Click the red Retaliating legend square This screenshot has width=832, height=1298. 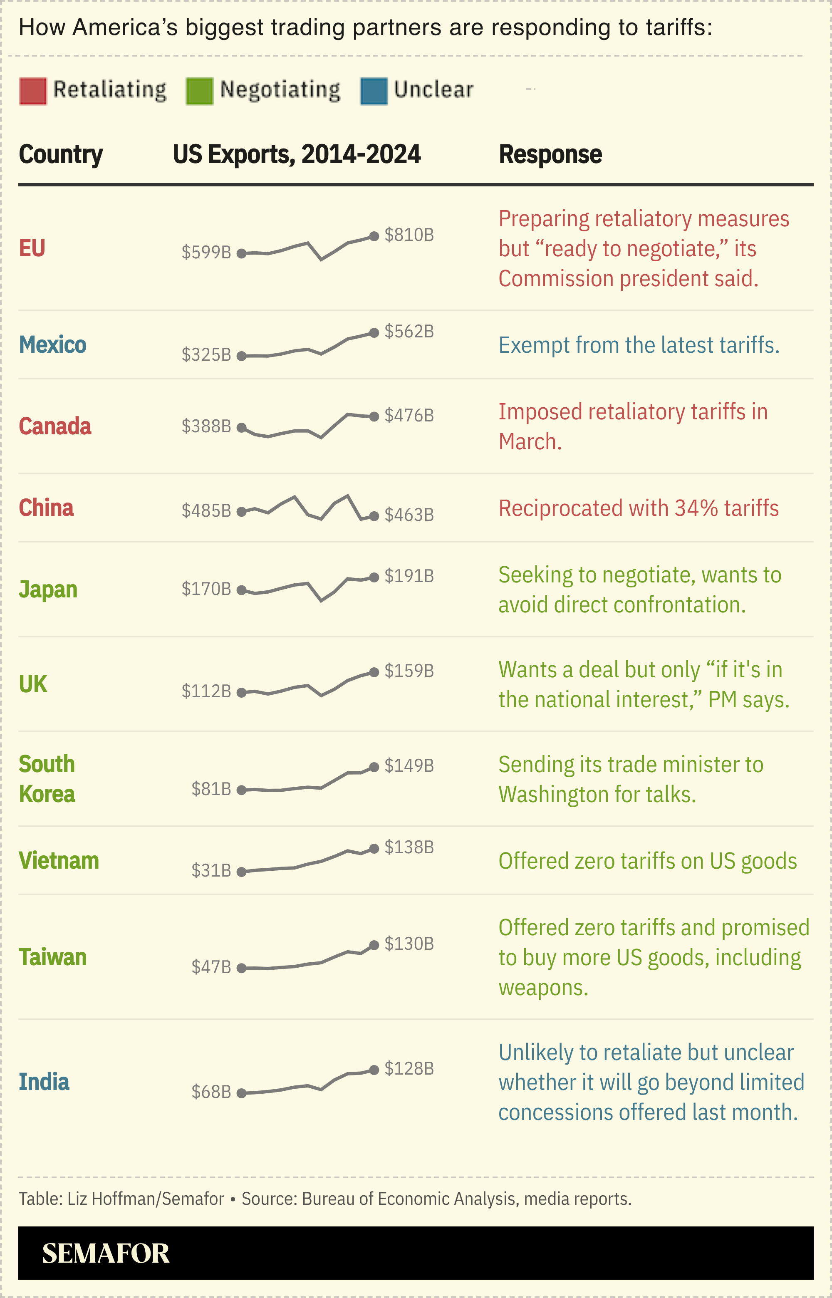point(33,91)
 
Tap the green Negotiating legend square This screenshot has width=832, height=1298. point(199,91)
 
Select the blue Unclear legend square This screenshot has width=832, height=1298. point(374,91)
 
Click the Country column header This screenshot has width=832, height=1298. point(60,154)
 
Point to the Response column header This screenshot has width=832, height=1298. point(550,154)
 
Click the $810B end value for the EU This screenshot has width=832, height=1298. point(409,235)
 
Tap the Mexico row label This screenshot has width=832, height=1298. point(52,344)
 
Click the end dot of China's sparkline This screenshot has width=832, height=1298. point(374,516)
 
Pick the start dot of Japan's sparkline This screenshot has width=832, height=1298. point(242,590)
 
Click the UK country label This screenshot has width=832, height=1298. point(33,684)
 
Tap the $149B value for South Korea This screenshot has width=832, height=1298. point(409,765)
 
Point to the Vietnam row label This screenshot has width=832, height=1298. point(59,860)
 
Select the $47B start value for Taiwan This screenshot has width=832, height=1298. point(210,967)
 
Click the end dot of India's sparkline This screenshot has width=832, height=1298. point(374,1070)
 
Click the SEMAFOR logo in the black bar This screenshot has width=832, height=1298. point(106,1253)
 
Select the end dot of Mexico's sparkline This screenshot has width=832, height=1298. point(374,333)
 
